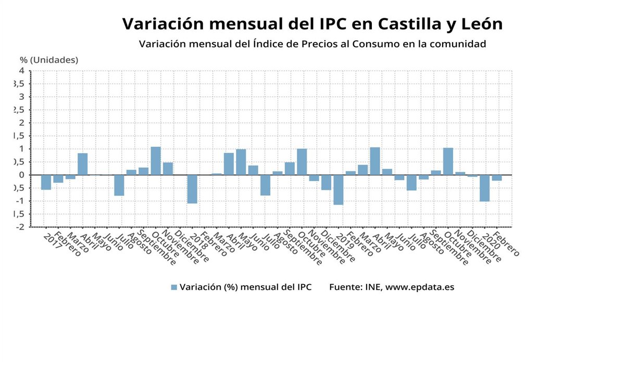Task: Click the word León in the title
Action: pos(477,24)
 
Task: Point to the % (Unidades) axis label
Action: pos(49,60)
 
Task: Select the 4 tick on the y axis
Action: pos(21,71)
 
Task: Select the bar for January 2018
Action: pos(192,189)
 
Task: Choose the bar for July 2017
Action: pos(119,185)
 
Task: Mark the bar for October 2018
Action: pos(302,162)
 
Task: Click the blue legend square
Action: pos(174,287)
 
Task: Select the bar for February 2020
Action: pos(497,178)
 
